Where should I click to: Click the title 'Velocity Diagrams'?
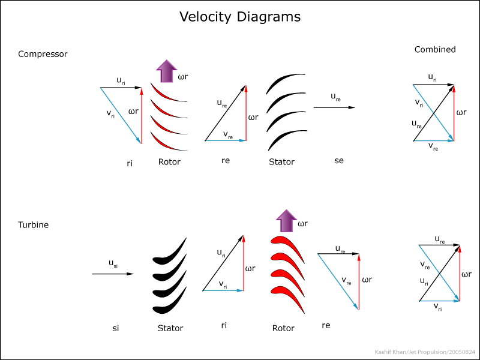click(x=240, y=17)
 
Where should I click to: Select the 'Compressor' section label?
click(x=43, y=54)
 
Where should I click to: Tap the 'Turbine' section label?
click(x=34, y=224)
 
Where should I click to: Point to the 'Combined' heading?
click(x=435, y=49)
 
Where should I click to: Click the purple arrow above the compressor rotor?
click(x=167, y=71)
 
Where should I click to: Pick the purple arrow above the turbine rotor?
click(x=287, y=221)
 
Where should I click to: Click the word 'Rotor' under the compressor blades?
click(x=169, y=161)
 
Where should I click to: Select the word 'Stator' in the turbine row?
click(x=170, y=328)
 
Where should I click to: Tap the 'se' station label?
click(x=339, y=161)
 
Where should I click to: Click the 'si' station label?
click(x=115, y=328)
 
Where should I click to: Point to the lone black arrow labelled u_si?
click(x=113, y=274)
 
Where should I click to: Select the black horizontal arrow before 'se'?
click(x=334, y=107)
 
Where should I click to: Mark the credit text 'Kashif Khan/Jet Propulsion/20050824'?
click(x=425, y=352)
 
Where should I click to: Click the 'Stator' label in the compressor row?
click(x=281, y=161)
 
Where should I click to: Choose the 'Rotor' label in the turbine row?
click(x=283, y=328)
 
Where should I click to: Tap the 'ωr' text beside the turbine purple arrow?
click(x=303, y=224)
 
